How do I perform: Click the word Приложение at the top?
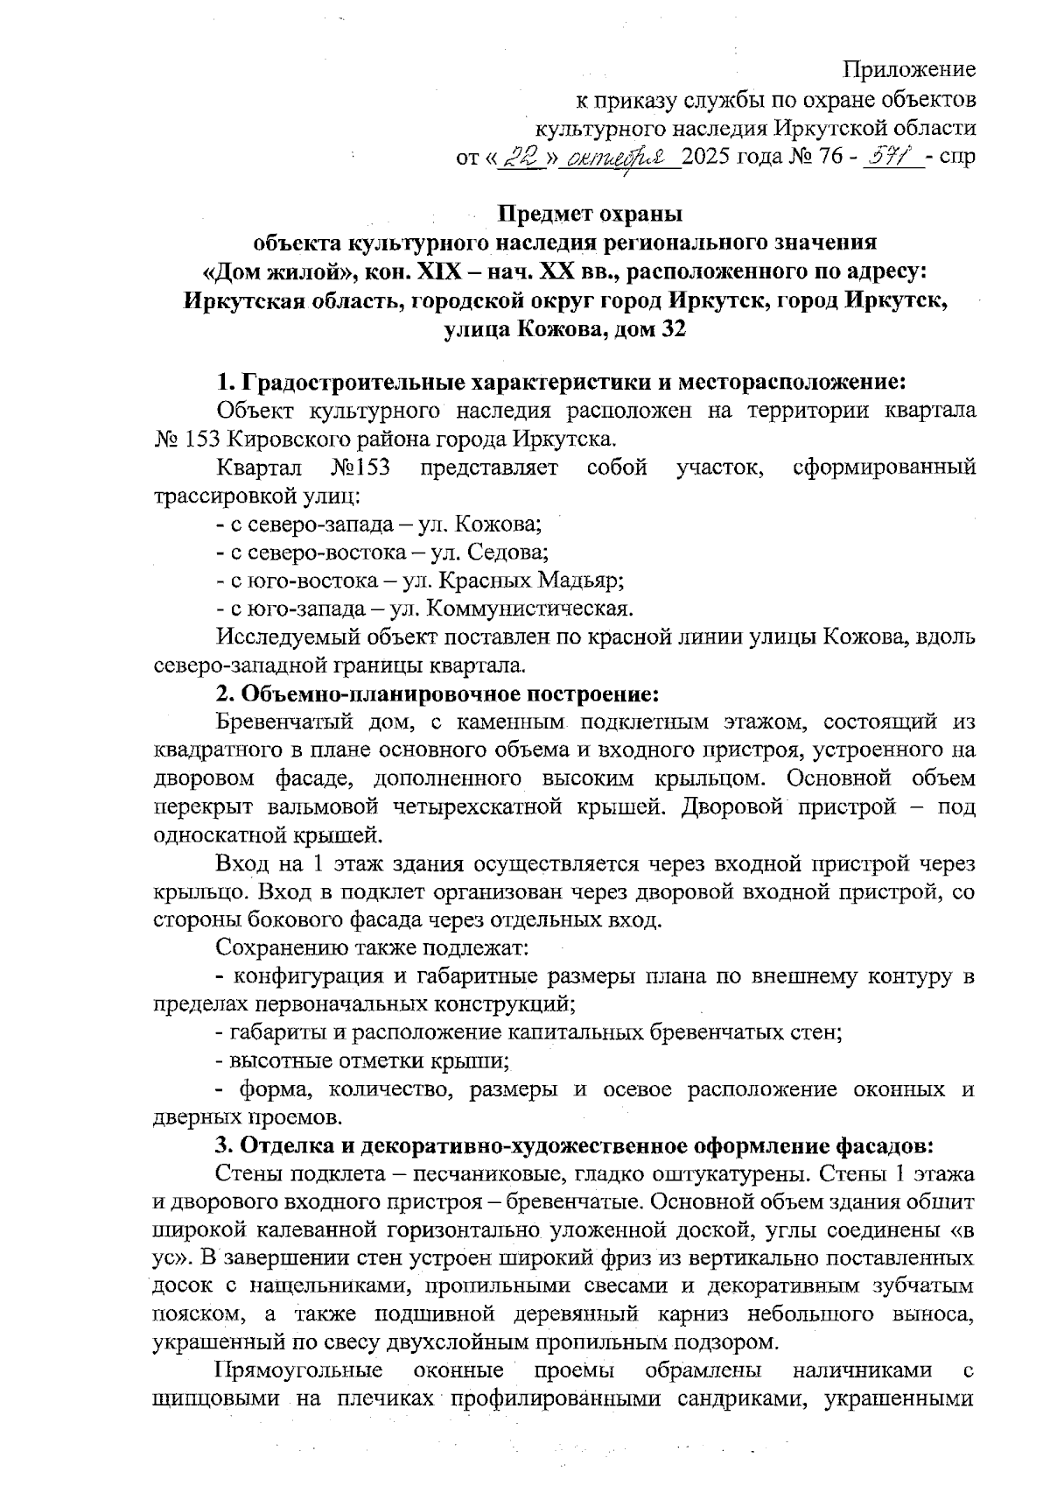pyautogui.click(x=910, y=68)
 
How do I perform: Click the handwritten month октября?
pyautogui.click(x=619, y=158)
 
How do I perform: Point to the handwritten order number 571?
pyautogui.click(x=891, y=158)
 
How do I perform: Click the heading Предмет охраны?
pyautogui.click(x=589, y=214)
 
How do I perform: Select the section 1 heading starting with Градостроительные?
pyautogui.click(x=560, y=382)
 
